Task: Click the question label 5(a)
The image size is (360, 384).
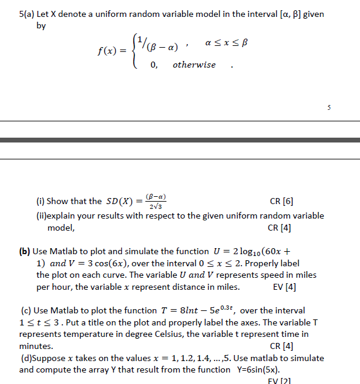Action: [28, 14]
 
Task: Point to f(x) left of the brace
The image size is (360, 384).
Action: [112, 51]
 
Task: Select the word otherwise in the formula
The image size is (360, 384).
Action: [194, 65]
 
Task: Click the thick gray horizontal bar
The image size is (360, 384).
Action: [180, 140]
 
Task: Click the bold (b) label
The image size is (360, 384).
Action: [25, 251]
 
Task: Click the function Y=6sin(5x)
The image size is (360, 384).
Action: [263, 370]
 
